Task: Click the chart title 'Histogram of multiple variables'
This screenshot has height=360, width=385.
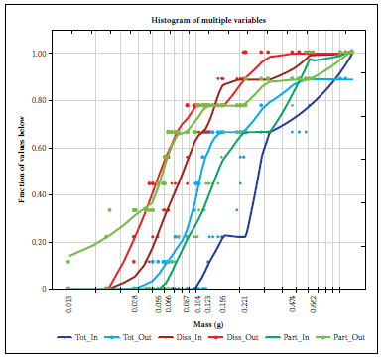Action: pos(208,20)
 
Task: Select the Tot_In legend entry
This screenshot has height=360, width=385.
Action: pos(77,337)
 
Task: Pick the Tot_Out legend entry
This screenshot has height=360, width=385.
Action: pos(128,337)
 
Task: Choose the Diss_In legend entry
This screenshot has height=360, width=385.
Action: pos(181,337)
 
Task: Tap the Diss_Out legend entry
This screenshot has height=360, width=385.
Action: pos(233,337)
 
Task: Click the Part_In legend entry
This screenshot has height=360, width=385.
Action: pos(287,337)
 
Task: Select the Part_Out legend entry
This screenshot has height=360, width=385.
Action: pos(339,337)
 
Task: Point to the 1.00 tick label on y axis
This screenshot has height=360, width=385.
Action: pos(39,54)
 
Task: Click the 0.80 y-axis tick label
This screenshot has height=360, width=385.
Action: pos(39,100)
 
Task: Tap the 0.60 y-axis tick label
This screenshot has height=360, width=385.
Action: pos(39,148)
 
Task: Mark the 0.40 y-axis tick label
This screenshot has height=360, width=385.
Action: pos(39,195)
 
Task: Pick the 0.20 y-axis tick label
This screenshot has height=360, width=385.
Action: pos(39,242)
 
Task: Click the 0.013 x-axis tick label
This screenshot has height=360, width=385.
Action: pos(69,304)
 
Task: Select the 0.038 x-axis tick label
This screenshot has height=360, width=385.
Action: pos(135,304)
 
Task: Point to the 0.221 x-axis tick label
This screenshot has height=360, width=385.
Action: pos(245,304)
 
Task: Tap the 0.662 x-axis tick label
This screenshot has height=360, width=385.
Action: pos(314,304)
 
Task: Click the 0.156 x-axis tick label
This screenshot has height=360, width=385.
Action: pos(223,304)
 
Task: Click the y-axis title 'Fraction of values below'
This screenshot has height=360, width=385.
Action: pos(22,160)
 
